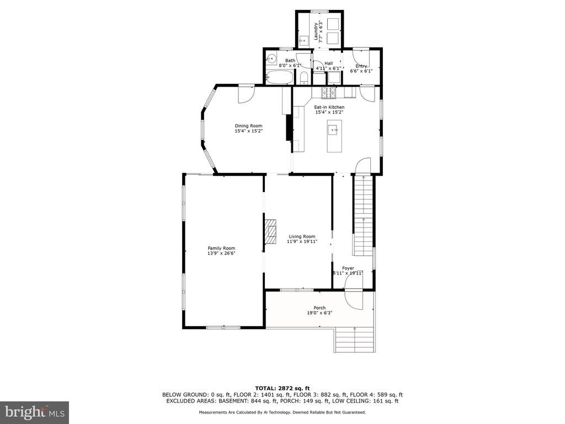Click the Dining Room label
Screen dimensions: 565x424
point(249,126)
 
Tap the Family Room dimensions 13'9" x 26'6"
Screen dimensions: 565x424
point(221,253)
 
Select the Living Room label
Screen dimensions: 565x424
point(302,236)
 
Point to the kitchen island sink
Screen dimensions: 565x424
point(333,129)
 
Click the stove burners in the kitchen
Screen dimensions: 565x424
point(329,93)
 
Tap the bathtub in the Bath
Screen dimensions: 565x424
point(280,77)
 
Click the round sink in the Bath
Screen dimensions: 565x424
point(271,57)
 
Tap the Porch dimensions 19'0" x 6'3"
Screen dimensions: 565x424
point(317,313)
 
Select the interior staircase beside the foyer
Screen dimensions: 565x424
point(363,215)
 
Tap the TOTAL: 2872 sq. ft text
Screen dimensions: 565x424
point(282,388)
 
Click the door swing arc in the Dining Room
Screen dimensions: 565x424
point(247,94)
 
